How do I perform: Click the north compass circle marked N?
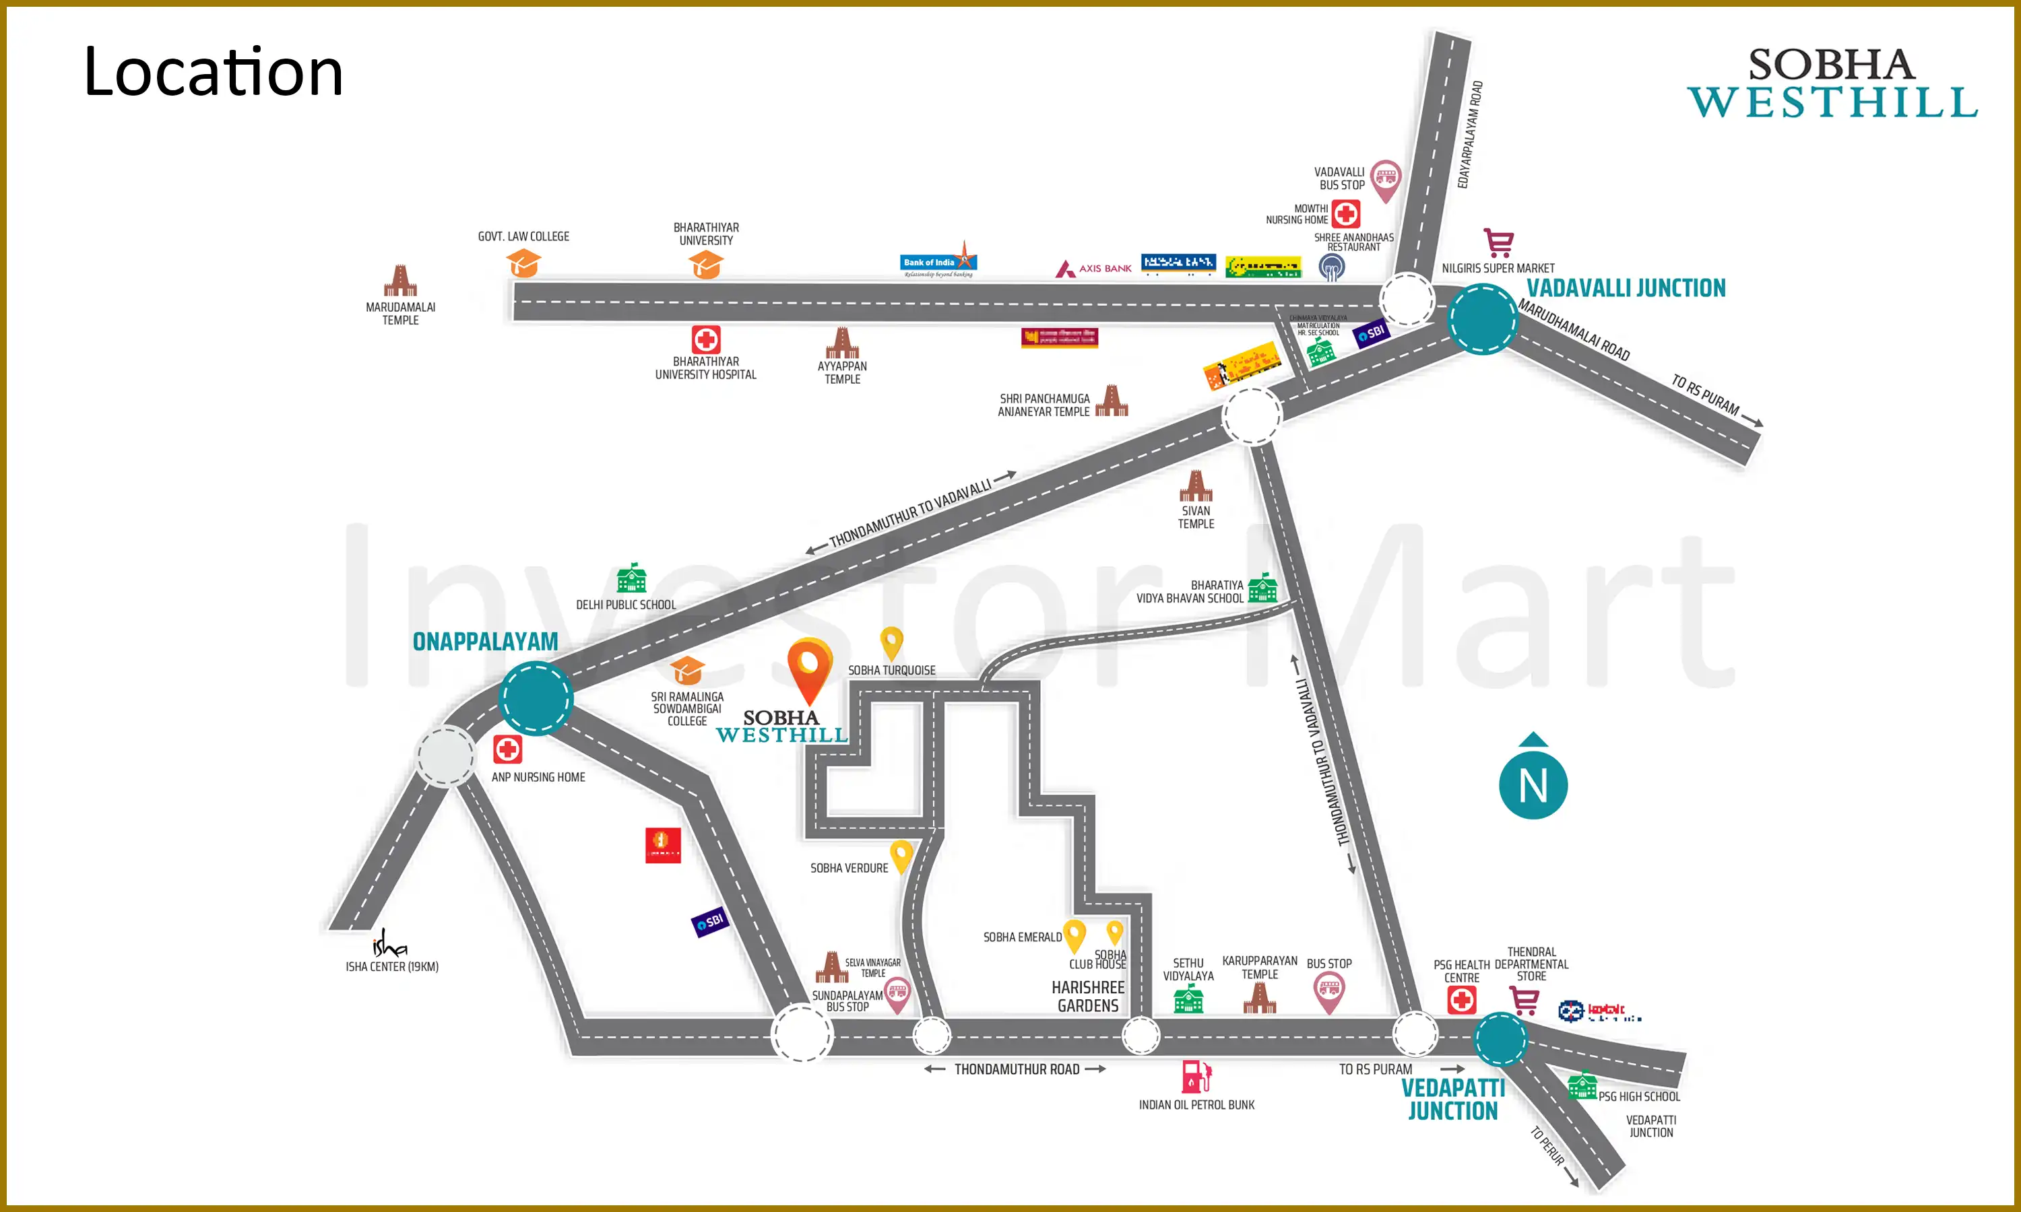coord(1533,784)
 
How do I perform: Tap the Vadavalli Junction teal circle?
coord(1482,318)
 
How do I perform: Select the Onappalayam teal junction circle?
coord(536,699)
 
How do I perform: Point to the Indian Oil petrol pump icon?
coord(1196,1077)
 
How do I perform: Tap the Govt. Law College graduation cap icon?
coord(523,263)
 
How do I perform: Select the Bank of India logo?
coord(938,261)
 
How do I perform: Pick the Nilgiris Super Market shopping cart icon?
coord(1498,242)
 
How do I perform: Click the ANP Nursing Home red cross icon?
coord(507,749)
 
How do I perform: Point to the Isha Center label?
coord(391,966)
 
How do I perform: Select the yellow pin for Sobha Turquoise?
coord(891,642)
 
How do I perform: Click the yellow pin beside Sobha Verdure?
coord(901,856)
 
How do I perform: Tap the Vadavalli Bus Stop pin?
coord(1386,179)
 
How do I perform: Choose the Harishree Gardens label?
coord(1087,997)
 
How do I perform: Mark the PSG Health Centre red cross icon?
coord(1461,1000)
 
